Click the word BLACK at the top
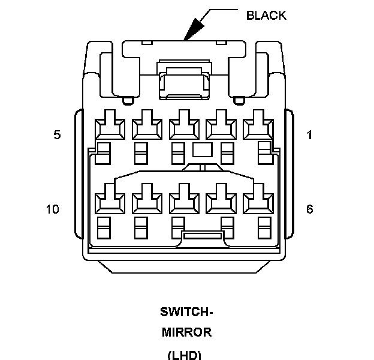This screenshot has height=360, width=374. pyautogui.click(x=266, y=16)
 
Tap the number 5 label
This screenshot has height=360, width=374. pyautogui.click(x=57, y=135)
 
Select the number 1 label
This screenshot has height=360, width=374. pyautogui.click(x=309, y=135)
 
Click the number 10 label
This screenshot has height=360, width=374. pyautogui.click(x=53, y=209)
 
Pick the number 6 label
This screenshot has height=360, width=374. pyautogui.click(x=309, y=209)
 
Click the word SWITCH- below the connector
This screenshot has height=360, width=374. pyautogui.click(x=186, y=312)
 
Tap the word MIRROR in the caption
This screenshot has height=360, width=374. pyautogui.click(x=186, y=332)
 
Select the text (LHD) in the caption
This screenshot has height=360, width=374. pyautogui.click(x=185, y=354)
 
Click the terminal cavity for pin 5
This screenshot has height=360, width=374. pyautogui.click(x=109, y=126)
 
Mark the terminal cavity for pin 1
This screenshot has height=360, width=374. pyautogui.click(x=258, y=126)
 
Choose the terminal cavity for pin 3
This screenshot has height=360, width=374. pyautogui.click(x=184, y=126)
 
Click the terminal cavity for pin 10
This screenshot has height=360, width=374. pyautogui.click(x=109, y=198)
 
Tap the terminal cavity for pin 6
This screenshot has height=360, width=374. pyautogui.click(x=258, y=198)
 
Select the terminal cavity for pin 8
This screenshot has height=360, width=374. pyautogui.click(x=184, y=198)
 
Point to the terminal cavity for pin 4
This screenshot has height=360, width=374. pyautogui.click(x=147, y=126)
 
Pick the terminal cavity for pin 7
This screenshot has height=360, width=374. pyautogui.click(x=221, y=198)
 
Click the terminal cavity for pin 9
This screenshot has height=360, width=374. pyautogui.click(x=147, y=198)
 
